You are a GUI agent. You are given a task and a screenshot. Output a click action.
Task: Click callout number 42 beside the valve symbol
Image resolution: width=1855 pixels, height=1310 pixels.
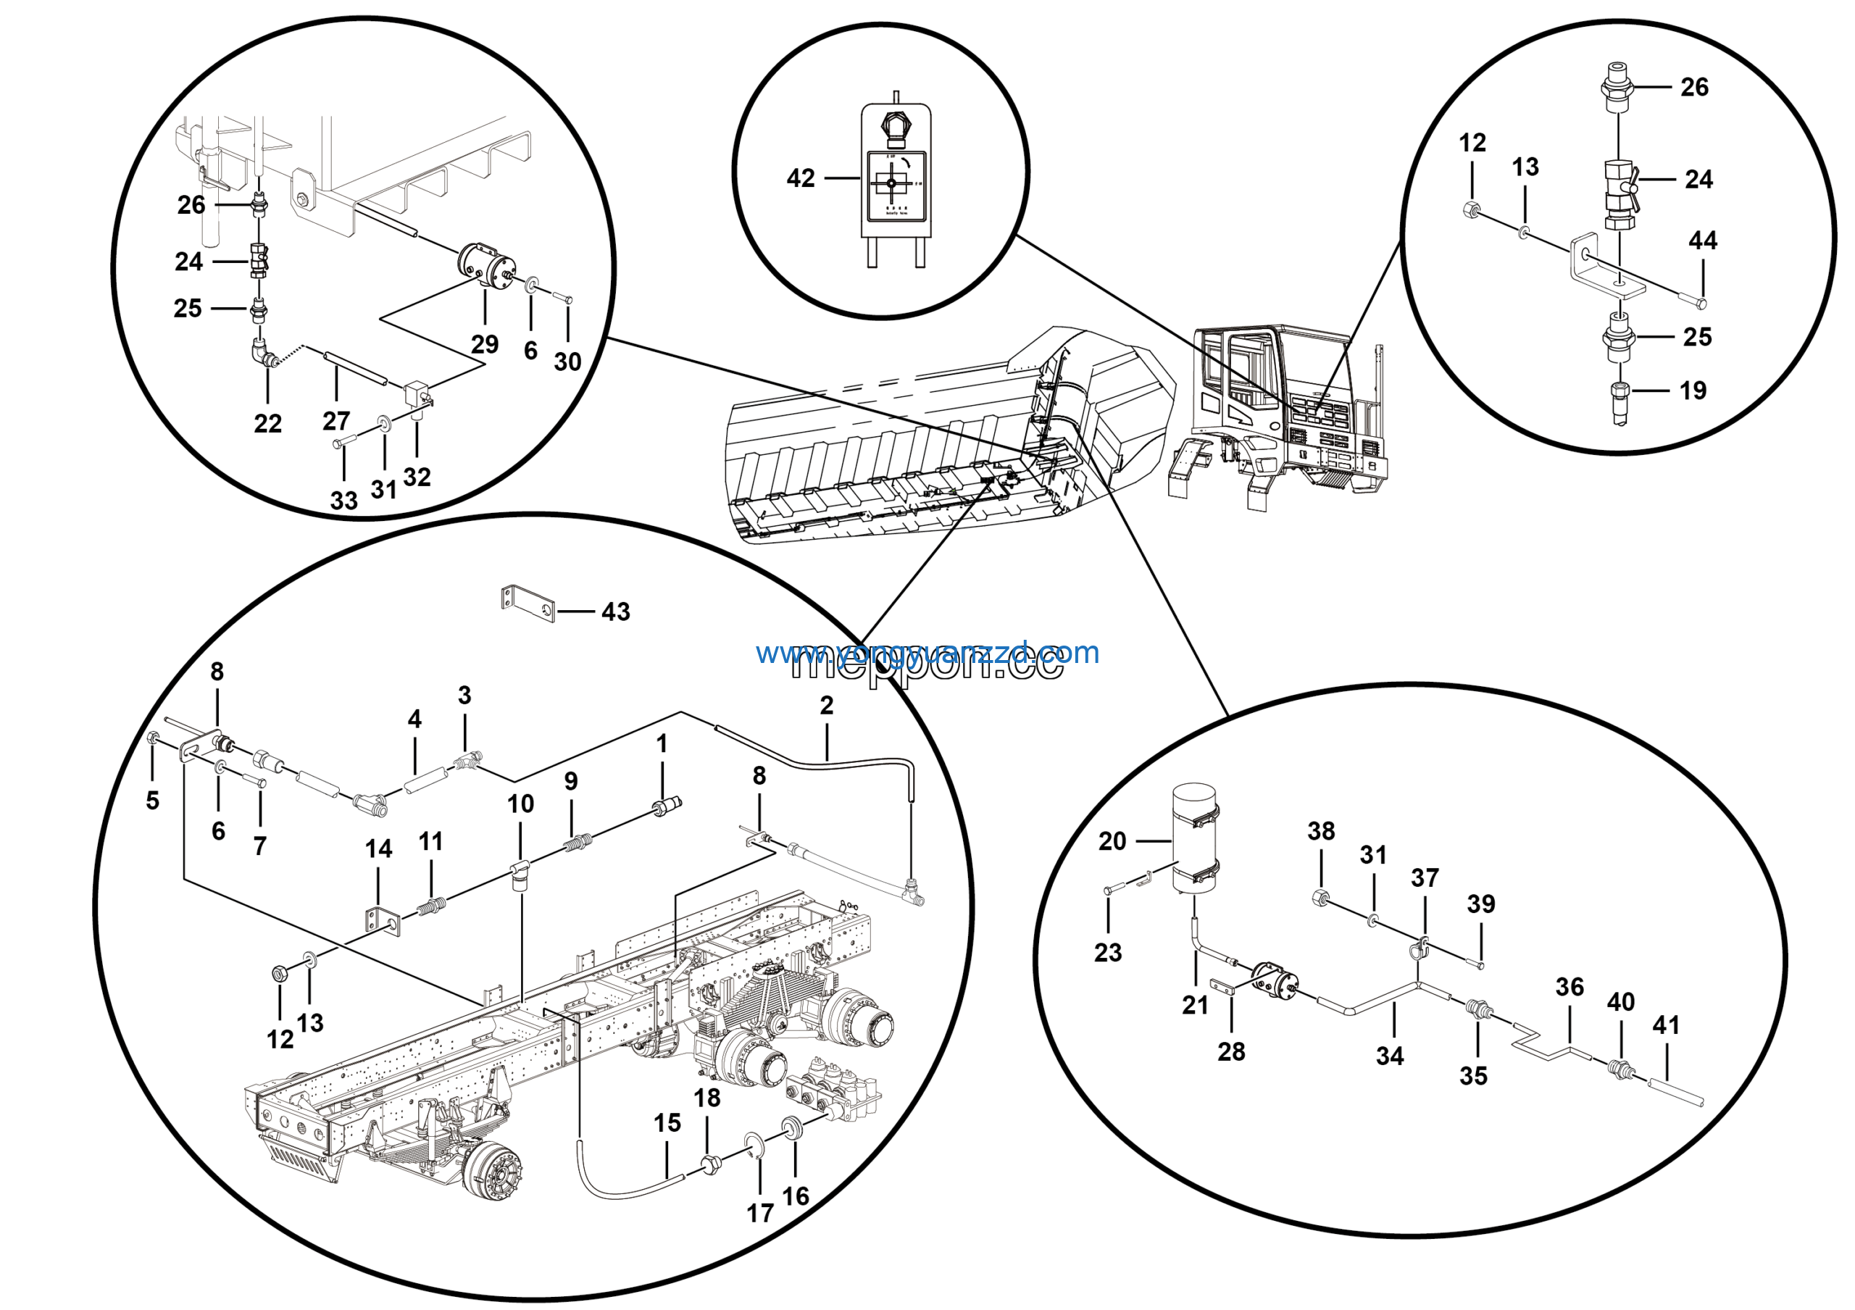coord(800,178)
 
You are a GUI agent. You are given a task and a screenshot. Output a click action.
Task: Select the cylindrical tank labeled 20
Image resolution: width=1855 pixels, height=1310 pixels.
coord(1194,840)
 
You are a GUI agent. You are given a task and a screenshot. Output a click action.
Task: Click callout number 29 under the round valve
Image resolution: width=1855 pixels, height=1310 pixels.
coord(485,344)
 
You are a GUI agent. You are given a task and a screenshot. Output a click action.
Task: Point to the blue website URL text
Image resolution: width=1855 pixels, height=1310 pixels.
coord(927,653)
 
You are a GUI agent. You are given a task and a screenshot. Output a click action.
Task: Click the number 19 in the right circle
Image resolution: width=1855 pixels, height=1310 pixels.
coord(1693,391)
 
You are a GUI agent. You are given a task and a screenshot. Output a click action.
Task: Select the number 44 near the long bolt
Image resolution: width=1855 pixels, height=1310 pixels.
coord(1702,240)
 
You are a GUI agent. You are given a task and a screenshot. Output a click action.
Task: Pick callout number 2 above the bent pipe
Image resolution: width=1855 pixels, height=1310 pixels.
coord(826,705)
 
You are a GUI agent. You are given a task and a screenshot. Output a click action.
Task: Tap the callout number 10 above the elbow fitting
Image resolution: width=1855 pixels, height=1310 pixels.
coord(520,804)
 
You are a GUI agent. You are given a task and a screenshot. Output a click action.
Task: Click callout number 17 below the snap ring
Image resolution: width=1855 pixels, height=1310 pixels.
coord(759,1213)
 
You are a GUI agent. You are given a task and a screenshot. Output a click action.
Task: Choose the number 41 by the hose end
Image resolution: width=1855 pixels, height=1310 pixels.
coord(1666,1025)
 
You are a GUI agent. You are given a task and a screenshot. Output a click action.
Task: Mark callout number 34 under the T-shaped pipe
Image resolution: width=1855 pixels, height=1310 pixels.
coord(1390,1056)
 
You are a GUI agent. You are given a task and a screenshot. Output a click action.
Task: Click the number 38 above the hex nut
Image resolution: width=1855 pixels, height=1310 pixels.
coord(1321,830)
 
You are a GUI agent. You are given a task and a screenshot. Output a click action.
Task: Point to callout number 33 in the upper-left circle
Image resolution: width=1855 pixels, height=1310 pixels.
coord(343,500)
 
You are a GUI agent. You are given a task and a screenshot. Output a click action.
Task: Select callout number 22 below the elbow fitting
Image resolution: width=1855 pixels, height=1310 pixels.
coord(267,423)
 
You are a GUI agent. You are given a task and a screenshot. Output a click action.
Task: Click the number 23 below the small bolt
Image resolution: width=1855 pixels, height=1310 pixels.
coord(1108,952)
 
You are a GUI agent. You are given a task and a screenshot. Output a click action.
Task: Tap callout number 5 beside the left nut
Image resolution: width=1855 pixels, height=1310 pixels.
coord(153,801)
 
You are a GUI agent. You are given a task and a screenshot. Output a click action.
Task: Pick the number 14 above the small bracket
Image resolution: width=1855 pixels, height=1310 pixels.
coord(378,849)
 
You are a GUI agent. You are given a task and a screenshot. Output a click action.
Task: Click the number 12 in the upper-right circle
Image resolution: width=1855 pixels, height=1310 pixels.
coord(1472,143)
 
